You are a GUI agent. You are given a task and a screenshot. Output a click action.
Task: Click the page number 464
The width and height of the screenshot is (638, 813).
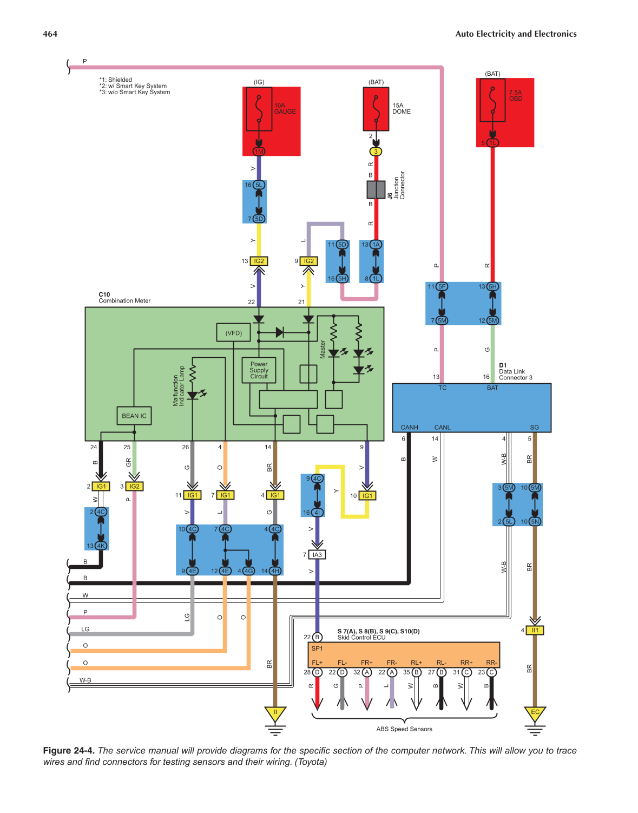[50, 34]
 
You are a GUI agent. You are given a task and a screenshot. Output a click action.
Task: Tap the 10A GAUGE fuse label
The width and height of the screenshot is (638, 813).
[284, 108]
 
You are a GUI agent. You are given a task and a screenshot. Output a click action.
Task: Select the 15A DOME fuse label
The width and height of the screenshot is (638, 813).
[401, 108]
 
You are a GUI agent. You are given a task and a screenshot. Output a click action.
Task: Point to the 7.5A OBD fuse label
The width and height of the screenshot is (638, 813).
[515, 95]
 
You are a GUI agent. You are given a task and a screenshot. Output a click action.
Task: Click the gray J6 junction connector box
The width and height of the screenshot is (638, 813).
[376, 189]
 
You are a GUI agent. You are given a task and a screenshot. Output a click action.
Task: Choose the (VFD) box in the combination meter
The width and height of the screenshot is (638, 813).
[234, 333]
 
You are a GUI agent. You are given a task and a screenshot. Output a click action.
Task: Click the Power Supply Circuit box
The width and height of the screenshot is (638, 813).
[259, 370]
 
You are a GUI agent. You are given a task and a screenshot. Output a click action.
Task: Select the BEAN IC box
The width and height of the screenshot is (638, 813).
[134, 416]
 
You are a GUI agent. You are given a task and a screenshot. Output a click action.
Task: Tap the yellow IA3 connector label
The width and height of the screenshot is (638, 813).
[317, 555]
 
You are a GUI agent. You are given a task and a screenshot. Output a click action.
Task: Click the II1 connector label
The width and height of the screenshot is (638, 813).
[535, 630]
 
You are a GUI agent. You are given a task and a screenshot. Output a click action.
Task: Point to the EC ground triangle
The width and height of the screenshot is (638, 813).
[535, 713]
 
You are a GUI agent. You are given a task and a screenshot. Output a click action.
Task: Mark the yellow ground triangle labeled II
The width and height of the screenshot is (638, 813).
[275, 713]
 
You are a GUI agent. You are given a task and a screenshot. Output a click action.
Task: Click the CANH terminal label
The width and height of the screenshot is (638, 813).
[409, 427]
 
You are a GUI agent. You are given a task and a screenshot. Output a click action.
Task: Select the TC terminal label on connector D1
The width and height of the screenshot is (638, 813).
[442, 388]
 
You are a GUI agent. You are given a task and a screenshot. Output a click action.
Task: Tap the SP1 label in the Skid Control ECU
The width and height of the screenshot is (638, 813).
[317, 648]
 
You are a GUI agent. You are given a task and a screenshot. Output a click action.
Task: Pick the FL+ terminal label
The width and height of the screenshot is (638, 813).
[317, 663]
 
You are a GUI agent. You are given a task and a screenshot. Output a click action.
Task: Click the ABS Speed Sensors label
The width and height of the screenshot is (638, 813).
[404, 729]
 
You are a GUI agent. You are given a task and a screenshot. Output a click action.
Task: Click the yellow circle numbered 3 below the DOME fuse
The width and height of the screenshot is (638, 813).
[376, 152]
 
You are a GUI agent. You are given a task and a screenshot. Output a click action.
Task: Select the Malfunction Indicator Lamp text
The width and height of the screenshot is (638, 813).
[179, 386]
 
